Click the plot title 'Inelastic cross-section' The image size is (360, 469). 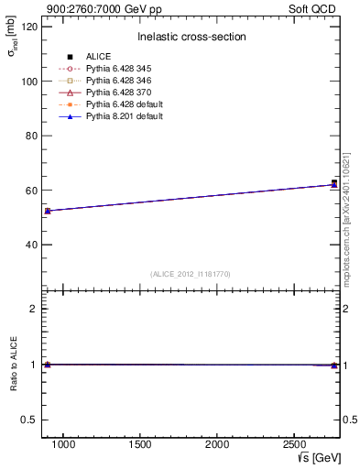coord(191,37)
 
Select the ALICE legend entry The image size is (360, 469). coord(98,57)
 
